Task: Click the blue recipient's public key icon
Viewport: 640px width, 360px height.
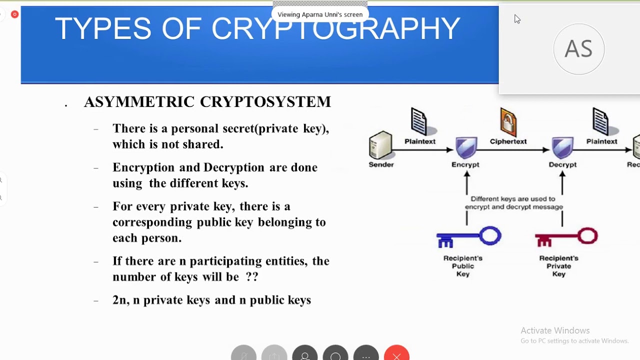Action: pos(468,237)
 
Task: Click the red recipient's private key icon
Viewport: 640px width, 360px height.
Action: pos(566,237)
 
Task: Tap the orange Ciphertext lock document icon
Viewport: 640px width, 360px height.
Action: pos(508,121)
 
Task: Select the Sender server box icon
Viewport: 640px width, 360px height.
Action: pos(381,145)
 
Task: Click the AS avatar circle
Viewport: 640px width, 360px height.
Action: pos(578,49)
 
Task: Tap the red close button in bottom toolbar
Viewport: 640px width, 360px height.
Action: pos(396,354)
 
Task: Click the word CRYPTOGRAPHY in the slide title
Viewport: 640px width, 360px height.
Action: pos(335,29)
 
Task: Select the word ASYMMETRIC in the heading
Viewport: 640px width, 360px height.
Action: pos(139,102)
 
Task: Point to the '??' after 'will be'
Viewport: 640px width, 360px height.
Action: pos(252,276)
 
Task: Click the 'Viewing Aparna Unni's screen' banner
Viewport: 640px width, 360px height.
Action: pos(320,14)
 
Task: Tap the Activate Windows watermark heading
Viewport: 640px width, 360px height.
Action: pos(555,330)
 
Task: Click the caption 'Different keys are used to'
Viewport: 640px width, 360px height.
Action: pos(513,199)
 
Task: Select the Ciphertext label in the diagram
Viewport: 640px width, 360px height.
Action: pos(508,141)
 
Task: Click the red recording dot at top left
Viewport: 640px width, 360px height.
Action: pos(14,14)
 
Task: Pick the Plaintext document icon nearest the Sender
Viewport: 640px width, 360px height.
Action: pos(419,121)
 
